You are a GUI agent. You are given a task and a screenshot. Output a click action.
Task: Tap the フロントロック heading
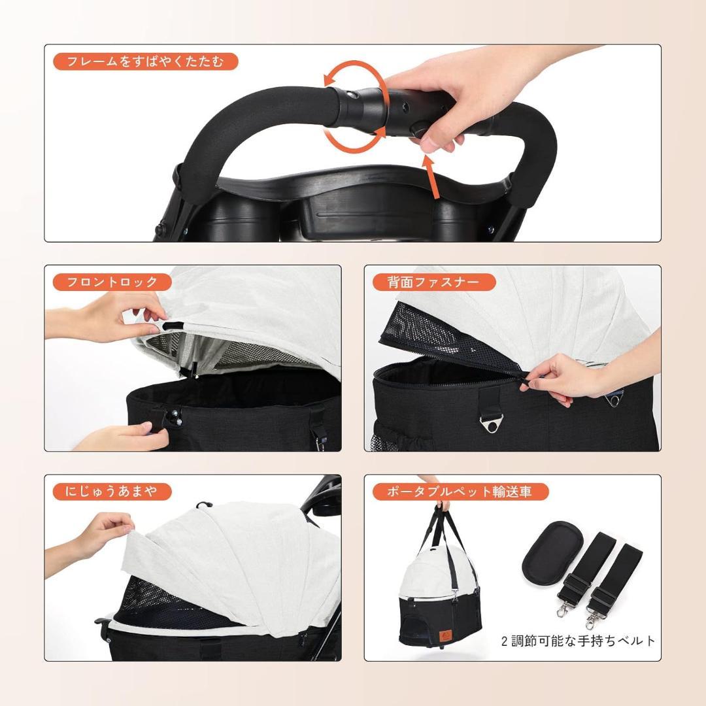coord(112,282)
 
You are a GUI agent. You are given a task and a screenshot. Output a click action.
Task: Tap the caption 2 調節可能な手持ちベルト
coord(578,641)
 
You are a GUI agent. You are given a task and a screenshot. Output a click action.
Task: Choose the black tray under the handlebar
coord(340,209)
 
